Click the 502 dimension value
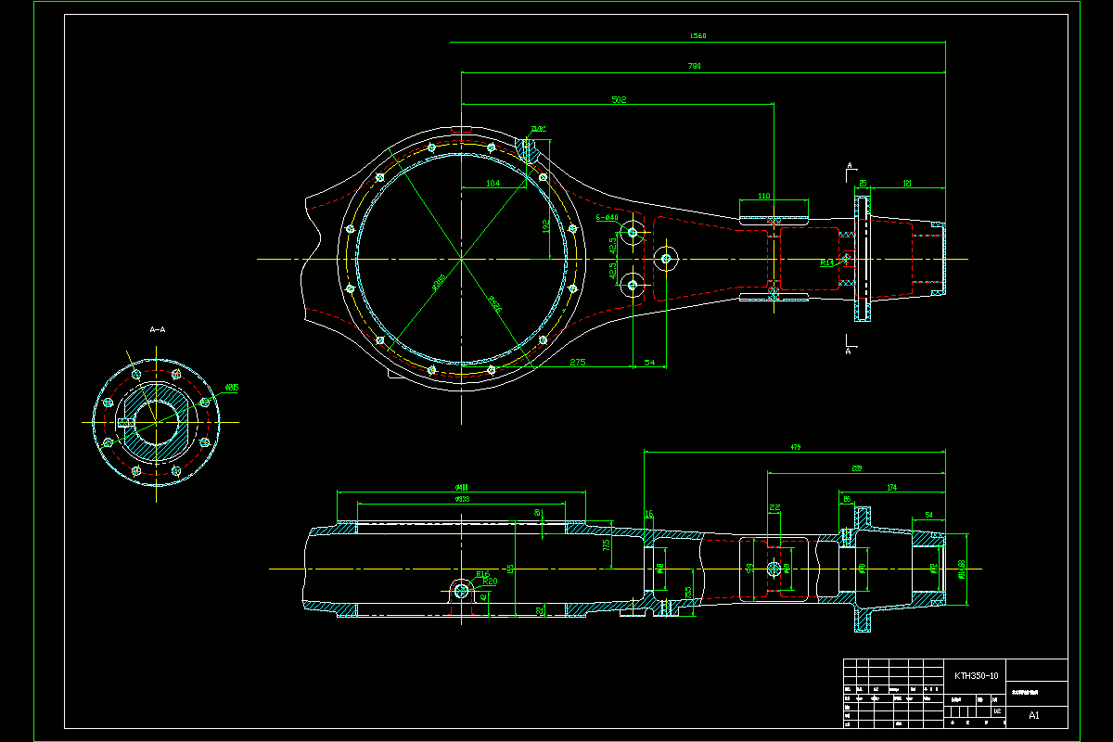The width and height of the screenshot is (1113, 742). click(x=619, y=99)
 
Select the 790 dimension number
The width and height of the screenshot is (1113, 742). click(x=694, y=66)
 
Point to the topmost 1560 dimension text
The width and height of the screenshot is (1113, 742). click(x=697, y=36)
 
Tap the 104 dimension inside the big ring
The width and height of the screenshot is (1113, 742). click(x=493, y=184)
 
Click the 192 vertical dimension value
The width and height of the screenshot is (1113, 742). click(x=545, y=224)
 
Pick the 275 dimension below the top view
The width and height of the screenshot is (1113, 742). click(x=578, y=362)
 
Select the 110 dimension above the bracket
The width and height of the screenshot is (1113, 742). click(x=764, y=197)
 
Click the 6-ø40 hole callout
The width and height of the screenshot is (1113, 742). click(x=607, y=217)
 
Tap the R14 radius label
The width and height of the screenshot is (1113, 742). click(x=827, y=262)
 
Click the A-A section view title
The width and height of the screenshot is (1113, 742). click(x=158, y=329)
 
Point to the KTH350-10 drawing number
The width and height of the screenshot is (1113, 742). click(x=976, y=676)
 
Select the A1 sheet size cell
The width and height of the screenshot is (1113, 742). click(x=1034, y=715)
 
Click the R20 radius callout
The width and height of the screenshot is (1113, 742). click(x=490, y=582)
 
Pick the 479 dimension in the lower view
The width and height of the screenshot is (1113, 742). click(x=795, y=447)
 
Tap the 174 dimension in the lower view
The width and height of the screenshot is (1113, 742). click(x=891, y=487)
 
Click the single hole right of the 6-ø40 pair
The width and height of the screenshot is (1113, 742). click(x=665, y=258)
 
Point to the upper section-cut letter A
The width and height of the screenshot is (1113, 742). click(x=851, y=166)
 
